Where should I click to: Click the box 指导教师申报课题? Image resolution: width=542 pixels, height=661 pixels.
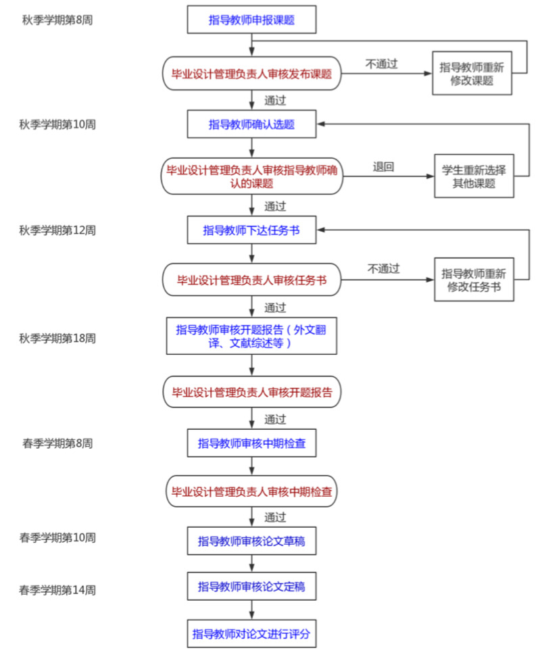251,20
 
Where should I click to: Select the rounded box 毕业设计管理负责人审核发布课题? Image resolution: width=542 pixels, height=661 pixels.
251,74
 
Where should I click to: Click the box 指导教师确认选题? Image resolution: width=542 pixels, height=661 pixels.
251,124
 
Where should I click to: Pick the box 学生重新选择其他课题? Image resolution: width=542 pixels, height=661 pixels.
474,177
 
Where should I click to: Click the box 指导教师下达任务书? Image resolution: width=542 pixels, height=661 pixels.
251,230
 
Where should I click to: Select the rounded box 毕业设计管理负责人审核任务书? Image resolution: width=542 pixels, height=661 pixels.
251,280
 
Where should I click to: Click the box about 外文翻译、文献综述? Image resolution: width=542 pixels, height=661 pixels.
251,336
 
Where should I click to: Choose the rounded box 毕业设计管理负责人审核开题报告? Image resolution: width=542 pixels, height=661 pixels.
251,392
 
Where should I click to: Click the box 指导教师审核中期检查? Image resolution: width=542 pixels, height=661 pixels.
251,443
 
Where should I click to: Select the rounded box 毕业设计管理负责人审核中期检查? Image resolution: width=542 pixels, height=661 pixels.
251,491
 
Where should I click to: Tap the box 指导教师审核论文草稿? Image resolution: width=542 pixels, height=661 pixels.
251,541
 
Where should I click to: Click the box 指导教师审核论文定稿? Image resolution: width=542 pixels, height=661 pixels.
251,587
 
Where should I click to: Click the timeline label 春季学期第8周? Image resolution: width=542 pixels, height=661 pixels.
57,443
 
